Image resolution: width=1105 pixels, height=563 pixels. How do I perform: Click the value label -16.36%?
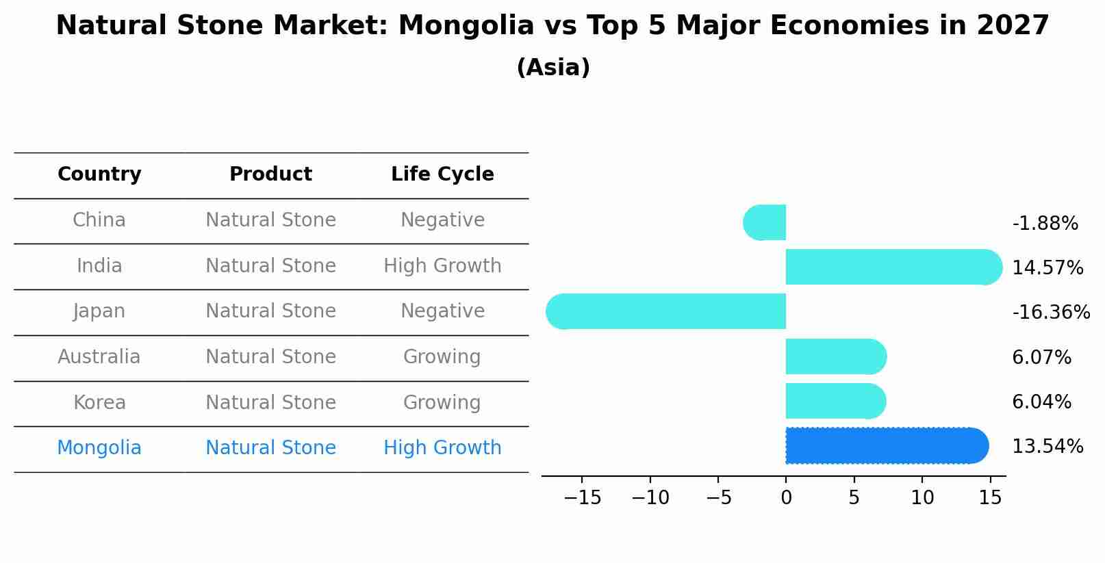(1050, 313)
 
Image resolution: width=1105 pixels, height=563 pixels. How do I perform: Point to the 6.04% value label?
(1041, 402)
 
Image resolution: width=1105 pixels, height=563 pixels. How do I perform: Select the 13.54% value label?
(1047, 447)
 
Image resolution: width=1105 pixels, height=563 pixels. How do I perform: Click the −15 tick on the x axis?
(582, 498)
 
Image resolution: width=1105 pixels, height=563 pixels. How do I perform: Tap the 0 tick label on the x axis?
(786, 498)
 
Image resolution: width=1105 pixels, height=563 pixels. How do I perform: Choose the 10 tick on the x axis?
(922, 498)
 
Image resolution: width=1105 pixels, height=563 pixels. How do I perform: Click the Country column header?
(99, 174)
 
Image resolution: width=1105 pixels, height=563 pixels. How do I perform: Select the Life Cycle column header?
(442, 174)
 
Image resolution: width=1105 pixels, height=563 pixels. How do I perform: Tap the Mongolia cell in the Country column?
(99, 448)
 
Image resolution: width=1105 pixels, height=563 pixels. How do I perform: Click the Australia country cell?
(99, 357)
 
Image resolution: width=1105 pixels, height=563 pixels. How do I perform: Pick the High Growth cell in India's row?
(442, 266)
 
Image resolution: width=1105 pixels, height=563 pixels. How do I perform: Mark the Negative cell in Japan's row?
(442, 311)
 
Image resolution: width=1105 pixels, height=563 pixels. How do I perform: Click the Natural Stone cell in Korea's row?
(270, 402)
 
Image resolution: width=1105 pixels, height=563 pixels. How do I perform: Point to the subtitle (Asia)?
(552, 68)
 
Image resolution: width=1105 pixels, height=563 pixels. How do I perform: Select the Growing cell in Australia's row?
(442, 357)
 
